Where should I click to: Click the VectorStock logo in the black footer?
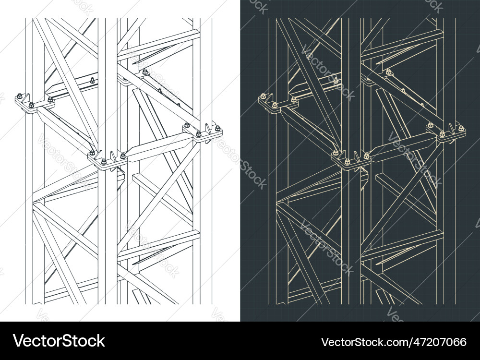[x=59, y=341]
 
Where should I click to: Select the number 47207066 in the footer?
[x=440, y=342]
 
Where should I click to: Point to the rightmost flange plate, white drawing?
[x=203, y=133]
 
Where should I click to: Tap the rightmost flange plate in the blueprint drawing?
[x=446, y=133]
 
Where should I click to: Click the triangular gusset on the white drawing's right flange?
[x=209, y=128]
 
